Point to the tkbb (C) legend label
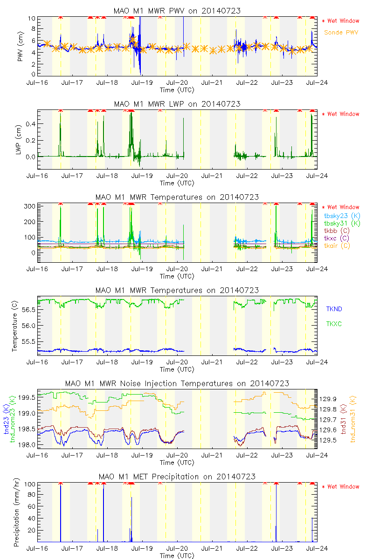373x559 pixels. pyautogui.click(x=337, y=231)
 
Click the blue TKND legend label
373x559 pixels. pyautogui.click(x=334, y=309)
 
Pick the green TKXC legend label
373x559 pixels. pyautogui.click(x=334, y=324)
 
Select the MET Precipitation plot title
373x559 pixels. pyautogui.click(x=177, y=477)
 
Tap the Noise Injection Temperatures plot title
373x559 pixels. pyautogui.click(x=177, y=383)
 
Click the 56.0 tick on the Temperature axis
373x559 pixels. pyautogui.click(x=28, y=325)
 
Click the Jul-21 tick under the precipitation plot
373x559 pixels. pyautogui.click(x=212, y=548)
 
